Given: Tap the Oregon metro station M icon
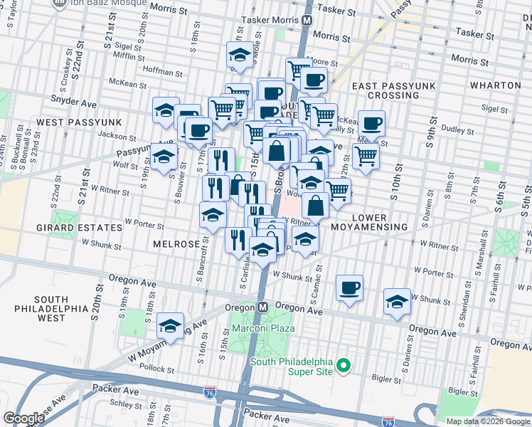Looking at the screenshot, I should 262,307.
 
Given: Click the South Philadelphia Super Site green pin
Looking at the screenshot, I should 344,366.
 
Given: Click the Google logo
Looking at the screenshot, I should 23,418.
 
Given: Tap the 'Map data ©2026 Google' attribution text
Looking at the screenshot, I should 487,421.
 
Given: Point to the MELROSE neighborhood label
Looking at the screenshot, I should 177,244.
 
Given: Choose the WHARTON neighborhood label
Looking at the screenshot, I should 496,85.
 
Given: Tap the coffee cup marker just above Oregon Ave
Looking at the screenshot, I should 349,288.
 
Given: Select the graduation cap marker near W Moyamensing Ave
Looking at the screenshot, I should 170,327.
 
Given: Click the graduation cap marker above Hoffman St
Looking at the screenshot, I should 240,55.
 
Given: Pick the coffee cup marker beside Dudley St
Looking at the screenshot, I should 371,124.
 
